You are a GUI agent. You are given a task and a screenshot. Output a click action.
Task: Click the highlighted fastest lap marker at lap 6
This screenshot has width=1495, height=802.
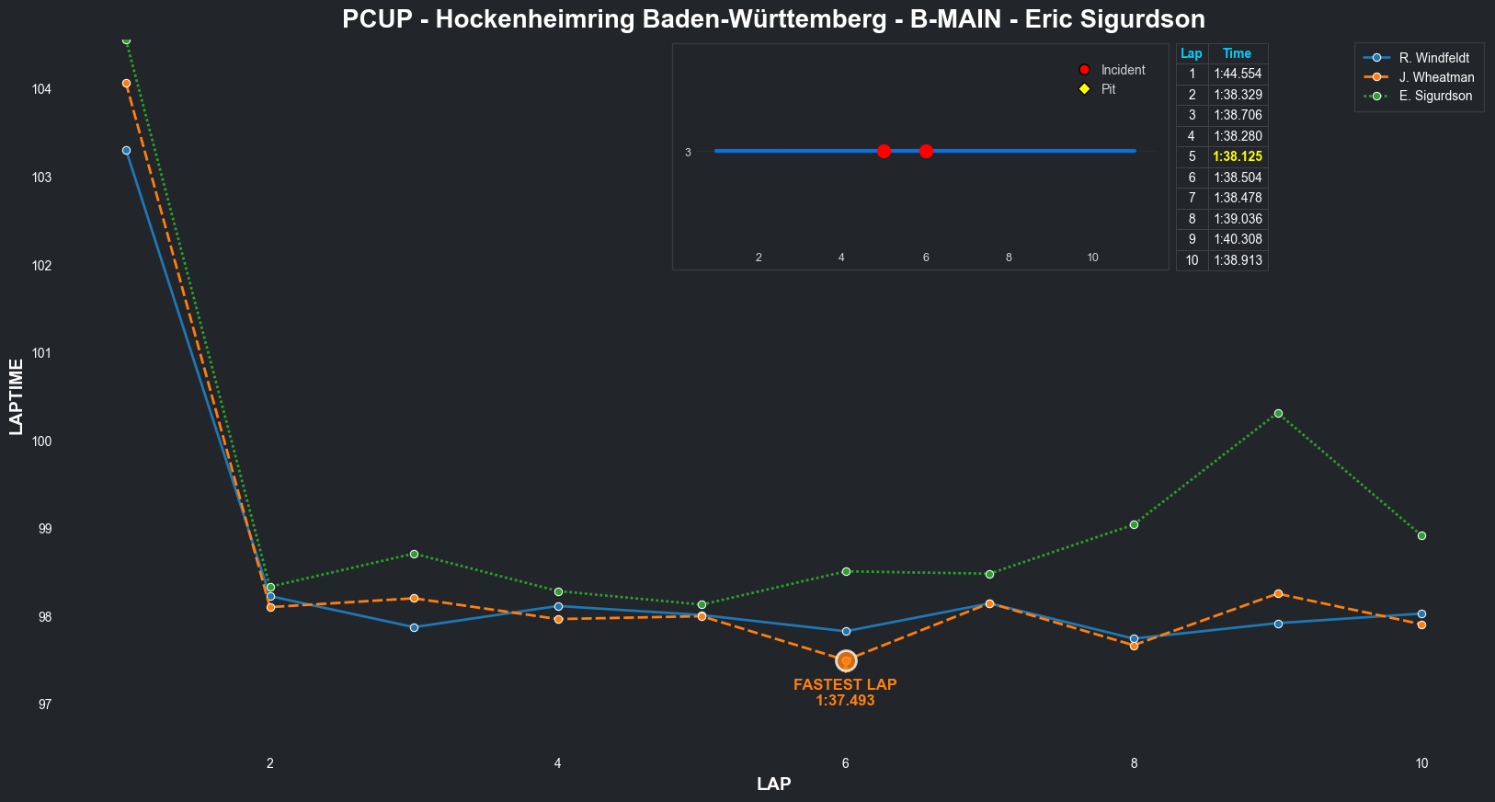[846, 660]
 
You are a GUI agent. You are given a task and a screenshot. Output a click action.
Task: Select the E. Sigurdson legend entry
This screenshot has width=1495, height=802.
[1434, 96]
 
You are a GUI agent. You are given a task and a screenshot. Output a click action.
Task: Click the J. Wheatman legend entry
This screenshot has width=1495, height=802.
[1436, 77]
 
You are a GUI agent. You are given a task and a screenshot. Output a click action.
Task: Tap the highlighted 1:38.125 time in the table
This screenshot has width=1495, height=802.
[1238, 156]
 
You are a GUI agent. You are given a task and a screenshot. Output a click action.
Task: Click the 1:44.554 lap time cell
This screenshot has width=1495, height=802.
[1238, 74]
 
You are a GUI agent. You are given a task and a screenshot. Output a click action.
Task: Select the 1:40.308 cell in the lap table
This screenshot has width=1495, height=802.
[1238, 239]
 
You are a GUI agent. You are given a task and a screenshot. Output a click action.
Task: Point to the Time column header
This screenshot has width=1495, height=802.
[1237, 53]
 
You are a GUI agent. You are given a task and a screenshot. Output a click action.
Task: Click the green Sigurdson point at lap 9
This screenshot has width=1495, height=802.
[1278, 414]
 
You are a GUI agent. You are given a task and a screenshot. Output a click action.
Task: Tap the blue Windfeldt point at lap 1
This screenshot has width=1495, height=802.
[126, 150]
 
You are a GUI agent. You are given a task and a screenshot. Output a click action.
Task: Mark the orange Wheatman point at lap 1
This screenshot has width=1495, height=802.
[126, 83]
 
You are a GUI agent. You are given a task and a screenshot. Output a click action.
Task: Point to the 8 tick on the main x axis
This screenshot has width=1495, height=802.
[1134, 763]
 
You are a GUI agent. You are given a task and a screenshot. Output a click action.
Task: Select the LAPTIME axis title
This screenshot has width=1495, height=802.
[16, 396]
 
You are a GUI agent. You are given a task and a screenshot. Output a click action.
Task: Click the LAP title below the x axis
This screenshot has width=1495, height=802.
[773, 785]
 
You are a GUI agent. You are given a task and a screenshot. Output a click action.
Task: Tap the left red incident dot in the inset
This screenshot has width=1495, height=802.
[884, 151]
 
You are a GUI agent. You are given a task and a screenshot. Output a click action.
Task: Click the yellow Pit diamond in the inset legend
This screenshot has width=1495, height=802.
[1084, 89]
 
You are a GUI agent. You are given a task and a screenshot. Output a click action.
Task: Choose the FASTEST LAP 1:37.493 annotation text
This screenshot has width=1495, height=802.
[845, 693]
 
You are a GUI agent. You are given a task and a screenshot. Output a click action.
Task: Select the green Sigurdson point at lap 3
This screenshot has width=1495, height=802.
[414, 554]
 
